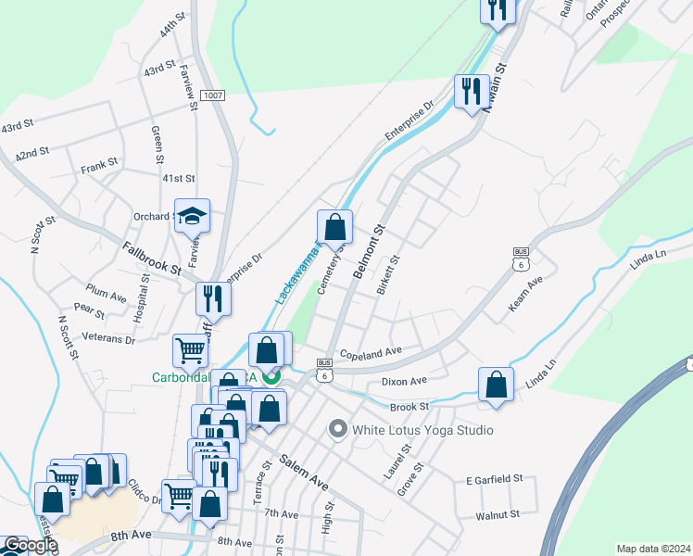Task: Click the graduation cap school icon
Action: coord(193,216)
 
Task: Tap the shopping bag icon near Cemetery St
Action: coord(334,227)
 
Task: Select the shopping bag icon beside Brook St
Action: coord(497,385)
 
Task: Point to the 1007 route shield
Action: coord(212,95)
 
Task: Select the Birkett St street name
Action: coord(388,275)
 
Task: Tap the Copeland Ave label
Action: coord(370,352)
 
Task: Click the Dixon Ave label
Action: coord(404,380)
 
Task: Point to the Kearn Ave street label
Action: coord(526,293)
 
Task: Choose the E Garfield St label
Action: coord(495,479)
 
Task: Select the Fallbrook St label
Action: coord(151,257)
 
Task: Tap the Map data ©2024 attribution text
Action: coord(653,549)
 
